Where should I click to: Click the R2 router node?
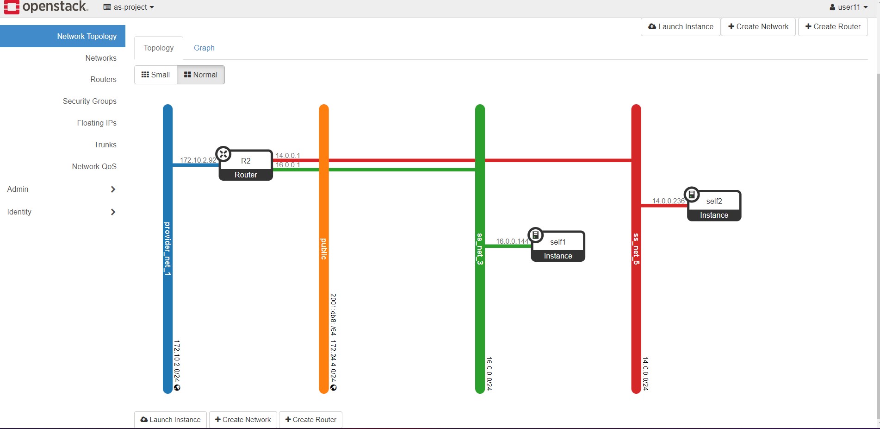coord(246,165)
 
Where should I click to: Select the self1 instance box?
coord(558,246)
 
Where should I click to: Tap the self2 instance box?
coord(714,206)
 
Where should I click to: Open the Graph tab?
coord(204,48)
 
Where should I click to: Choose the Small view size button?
coord(155,75)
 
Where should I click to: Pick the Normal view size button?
coord(201,75)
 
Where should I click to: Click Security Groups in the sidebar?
coord(90,101)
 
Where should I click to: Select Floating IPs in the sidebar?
coord(97,123)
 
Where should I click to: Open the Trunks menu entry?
coord(105,145)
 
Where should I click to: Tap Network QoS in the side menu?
coord(94,166)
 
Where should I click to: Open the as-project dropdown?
coord(129,7)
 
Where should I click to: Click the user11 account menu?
coord(849,7)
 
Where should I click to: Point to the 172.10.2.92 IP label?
coord(198,160)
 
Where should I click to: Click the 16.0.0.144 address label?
coord(512,241)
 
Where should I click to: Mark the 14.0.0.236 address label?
coord(668,201)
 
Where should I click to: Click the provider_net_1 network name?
coord(167,249)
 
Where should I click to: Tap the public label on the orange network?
coord(324,249)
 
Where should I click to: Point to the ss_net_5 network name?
coord(636,249)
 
